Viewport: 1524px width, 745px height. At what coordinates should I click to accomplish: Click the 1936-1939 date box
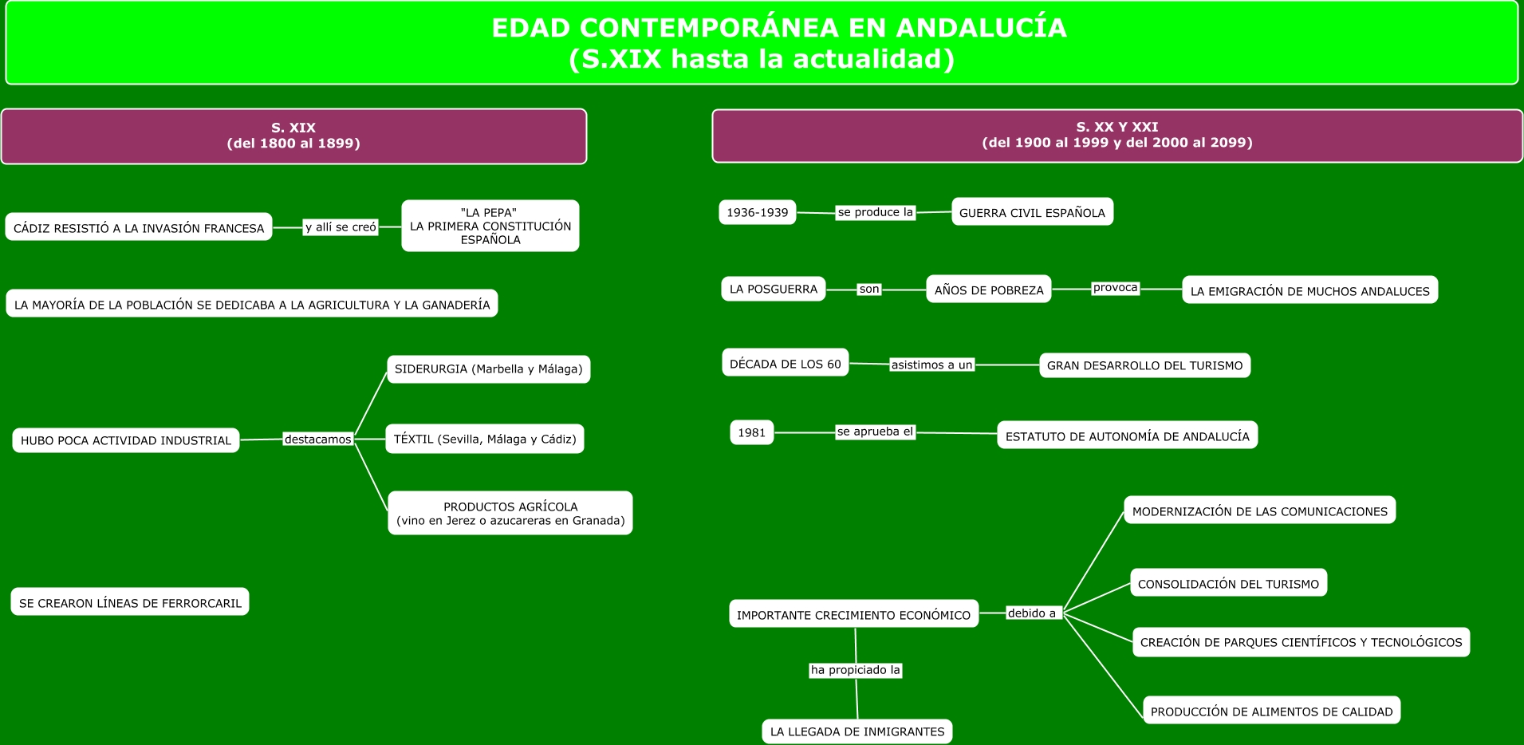758,212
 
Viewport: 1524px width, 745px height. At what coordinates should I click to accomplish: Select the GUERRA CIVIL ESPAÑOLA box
1032,212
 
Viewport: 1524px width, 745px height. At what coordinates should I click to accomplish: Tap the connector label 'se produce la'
875,212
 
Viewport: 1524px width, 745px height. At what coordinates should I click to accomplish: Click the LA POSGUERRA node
774,289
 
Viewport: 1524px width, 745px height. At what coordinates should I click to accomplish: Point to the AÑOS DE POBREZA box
989,290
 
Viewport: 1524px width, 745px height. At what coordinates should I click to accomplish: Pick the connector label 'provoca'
1115,288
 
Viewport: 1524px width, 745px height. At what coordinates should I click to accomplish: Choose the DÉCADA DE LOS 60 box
786,363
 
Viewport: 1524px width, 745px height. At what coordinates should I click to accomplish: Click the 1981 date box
752,432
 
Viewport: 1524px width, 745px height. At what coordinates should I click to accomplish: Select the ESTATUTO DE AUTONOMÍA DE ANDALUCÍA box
1127,436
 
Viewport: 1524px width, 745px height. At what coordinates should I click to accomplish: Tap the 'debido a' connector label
1032,613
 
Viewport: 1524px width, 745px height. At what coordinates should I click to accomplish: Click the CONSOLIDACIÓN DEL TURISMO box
1228,583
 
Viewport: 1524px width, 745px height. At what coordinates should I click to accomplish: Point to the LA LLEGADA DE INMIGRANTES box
857,731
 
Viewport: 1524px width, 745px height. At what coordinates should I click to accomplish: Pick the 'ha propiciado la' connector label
856,670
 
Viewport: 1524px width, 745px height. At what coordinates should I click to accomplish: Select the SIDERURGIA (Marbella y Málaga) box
488,369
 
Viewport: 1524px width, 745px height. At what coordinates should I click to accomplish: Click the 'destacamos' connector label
317,440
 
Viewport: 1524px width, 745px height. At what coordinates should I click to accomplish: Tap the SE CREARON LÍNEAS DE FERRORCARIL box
130,602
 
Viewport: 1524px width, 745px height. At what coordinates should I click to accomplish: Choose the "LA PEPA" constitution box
490,226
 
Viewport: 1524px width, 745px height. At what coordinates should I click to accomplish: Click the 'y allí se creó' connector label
341,227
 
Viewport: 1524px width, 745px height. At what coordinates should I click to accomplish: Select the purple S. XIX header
293,136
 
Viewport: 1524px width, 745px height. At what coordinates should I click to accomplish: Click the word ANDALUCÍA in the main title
981,28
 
